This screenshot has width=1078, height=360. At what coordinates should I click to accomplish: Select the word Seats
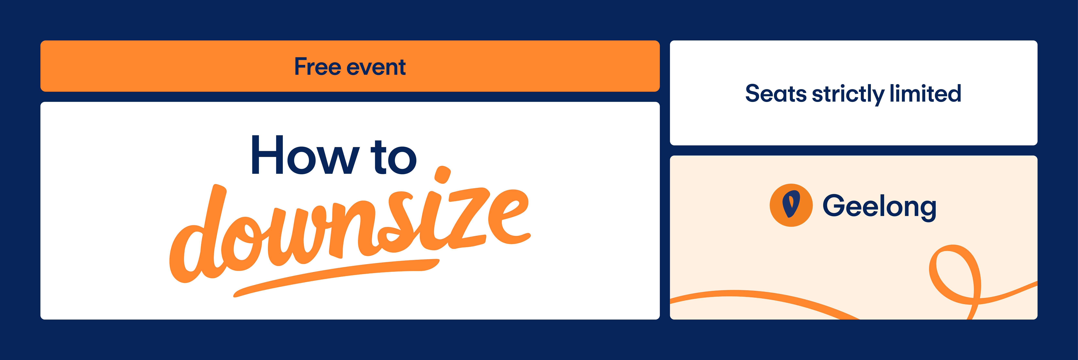tap(776, 93)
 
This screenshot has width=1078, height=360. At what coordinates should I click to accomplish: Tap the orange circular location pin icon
tap(791, 205)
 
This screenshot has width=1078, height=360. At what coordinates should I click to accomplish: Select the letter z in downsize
tap(465, 218)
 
